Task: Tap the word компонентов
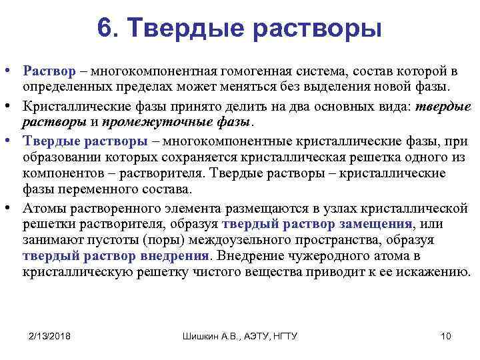pyautogui.click(x=58, y=173)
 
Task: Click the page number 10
pyautogui.click(x=446, y=335)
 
